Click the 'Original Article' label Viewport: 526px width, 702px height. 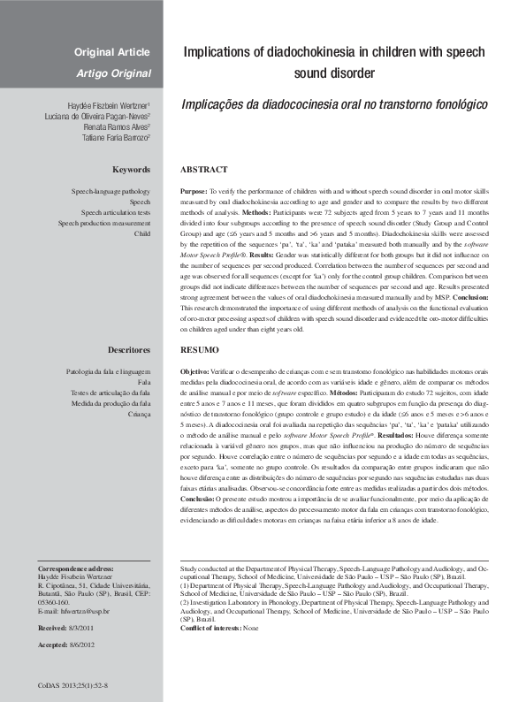coord(111,52)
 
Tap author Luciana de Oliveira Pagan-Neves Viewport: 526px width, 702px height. coord(97,116)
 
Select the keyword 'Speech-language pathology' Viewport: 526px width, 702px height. coord(111,191)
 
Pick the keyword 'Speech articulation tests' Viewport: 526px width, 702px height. coord(116,212)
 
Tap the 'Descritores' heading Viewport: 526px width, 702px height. coord(127,350)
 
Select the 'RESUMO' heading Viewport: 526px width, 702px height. coord(200,350)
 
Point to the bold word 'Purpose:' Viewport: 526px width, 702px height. coord(193,191)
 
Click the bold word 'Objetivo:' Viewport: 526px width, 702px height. coord(194,371)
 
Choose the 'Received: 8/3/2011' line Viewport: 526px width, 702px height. coord(67,628)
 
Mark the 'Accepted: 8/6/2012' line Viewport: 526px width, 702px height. coord(67,645)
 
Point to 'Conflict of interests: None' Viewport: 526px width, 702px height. coord(219,628)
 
